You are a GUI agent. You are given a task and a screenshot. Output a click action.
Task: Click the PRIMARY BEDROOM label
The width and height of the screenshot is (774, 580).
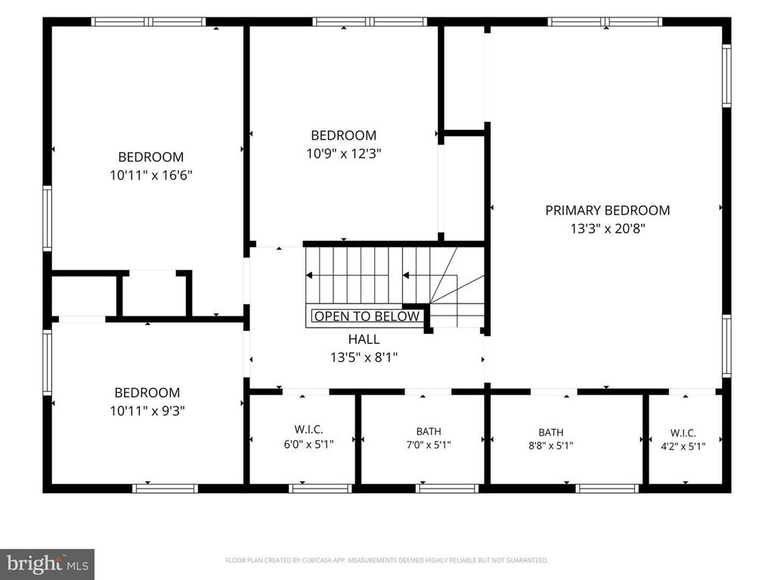coord(607,211)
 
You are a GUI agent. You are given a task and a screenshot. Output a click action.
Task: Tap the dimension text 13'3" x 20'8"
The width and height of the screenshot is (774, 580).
coord(608,229)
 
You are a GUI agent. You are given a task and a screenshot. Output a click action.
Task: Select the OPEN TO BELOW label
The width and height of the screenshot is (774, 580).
coord(367,316)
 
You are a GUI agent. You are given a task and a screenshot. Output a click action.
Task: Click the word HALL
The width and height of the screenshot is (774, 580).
coord(364,339)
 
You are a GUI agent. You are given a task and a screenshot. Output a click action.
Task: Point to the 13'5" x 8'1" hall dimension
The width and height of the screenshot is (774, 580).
coord(364,357)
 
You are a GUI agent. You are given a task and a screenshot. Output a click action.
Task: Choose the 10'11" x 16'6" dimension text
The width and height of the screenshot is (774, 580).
coord(150,175)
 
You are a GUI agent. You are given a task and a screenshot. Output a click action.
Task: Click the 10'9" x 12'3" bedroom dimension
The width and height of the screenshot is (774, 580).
coord(344,154)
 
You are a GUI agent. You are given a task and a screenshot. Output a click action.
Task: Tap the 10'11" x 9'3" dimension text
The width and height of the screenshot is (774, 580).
coord(147,411)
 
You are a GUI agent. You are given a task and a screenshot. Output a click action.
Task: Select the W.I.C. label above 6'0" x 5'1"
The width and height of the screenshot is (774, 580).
coord(308,430)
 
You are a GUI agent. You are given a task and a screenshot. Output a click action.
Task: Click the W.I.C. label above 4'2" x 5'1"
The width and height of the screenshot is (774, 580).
coord(683,433)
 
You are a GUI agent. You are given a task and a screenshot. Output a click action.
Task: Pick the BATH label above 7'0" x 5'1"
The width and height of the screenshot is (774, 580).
coord(429,431)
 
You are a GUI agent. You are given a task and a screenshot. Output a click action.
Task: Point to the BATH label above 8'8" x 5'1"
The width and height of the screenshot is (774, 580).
coord(551,433)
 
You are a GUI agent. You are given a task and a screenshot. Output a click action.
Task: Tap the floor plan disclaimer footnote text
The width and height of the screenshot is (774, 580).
coord(386,560)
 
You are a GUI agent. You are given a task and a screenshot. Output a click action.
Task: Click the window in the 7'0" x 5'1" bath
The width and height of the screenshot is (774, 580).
coord(447,489)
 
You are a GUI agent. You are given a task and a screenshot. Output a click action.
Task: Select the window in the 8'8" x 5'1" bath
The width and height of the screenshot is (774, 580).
coord(607,489)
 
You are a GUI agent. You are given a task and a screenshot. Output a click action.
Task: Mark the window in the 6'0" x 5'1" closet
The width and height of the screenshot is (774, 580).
coord(320,489)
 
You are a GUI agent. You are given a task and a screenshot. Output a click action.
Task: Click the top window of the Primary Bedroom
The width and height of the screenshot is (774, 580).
coord(605,22)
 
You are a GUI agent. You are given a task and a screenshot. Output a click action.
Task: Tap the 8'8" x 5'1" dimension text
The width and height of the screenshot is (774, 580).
coord(551,446)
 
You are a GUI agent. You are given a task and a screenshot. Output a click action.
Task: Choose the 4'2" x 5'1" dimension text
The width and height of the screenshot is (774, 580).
coord(683,447)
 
